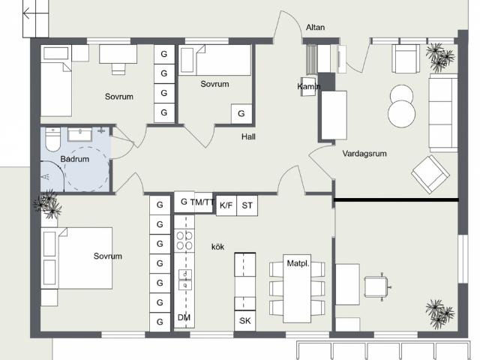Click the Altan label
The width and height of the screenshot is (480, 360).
(315, 27)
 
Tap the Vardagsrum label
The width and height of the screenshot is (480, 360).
(364, 153)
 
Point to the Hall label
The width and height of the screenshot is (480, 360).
(248, 136)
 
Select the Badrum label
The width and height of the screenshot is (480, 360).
(75, 159)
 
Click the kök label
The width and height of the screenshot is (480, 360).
(217, 247)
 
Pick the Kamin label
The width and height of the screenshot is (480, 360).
(308, 87)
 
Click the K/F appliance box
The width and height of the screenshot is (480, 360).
(226, 205)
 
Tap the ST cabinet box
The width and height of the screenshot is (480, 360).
(247, 205)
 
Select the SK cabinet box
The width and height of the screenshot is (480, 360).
(245, 321)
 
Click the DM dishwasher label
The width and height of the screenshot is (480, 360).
(184, 317)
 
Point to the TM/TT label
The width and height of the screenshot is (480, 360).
(202, 202)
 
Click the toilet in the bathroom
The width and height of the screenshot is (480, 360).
(53, 139)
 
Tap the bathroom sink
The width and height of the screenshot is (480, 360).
(80, 135)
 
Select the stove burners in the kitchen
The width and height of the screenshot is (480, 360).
(184, 241)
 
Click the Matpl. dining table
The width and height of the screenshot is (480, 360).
(297, 288)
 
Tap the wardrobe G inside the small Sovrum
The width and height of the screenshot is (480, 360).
(241, 113)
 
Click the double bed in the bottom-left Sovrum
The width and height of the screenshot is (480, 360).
(76, 258)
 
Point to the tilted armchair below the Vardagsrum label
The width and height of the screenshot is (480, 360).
(430, 174)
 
